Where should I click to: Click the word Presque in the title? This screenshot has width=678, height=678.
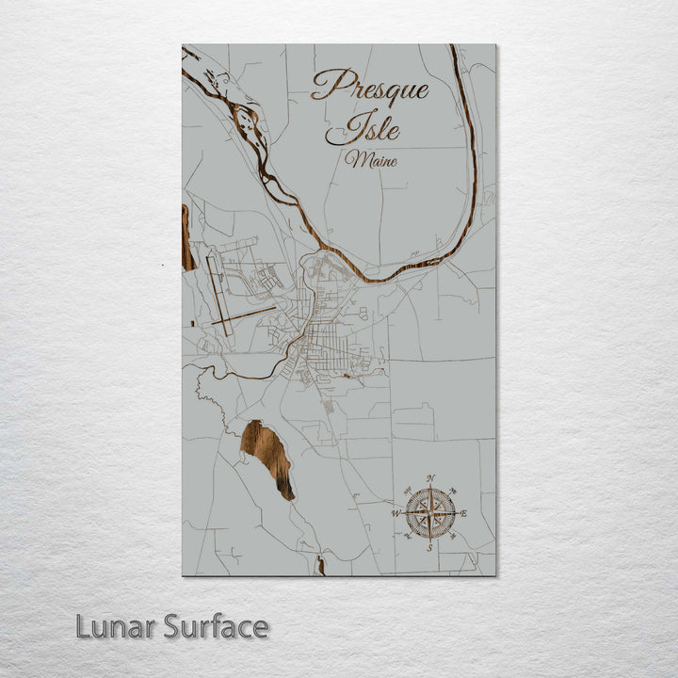[370, 88]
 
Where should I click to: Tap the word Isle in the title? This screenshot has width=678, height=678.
[374, 126]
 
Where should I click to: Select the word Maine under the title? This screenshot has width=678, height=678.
[370, 159]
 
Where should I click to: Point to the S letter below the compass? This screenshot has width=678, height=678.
[429, 547]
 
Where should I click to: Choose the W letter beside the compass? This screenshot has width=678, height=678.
[396, 513]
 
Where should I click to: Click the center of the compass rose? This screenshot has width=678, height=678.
[430, 512]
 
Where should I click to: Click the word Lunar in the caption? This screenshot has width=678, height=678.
[116, 626]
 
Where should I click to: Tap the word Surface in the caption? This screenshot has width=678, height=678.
[216, 626]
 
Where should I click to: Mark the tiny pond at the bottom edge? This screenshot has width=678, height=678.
[320, 566]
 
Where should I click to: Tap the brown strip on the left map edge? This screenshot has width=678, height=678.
[186, 237]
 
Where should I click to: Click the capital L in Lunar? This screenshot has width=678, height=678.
[82, 626]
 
